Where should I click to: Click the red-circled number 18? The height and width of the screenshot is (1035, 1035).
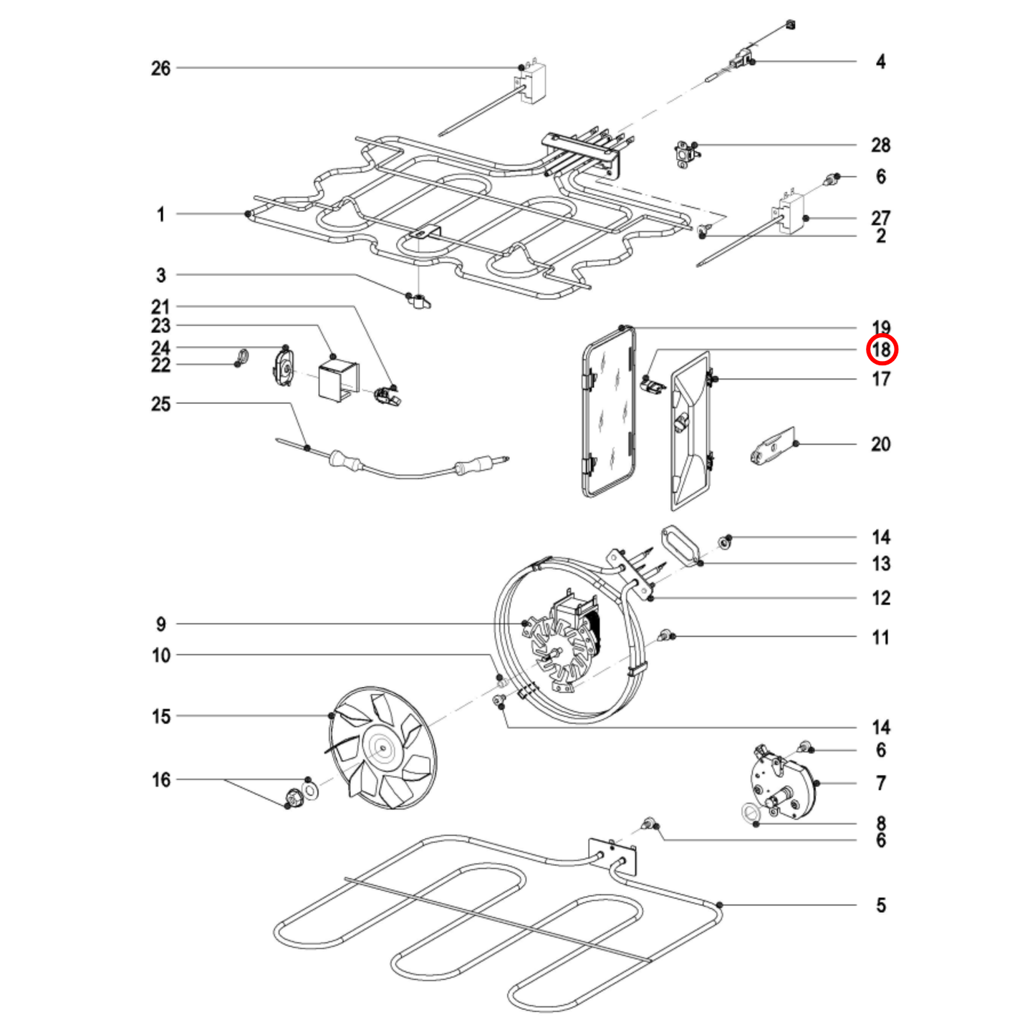880,350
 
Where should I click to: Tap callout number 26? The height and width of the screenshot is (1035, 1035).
160,69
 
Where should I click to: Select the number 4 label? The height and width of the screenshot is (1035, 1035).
880,62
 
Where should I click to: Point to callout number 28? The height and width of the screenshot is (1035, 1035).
880,145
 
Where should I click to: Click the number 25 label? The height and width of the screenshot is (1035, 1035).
160,404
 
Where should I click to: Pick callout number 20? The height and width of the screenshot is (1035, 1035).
880,444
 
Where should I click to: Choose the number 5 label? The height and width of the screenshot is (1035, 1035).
880,905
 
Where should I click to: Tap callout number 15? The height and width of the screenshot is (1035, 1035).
160,716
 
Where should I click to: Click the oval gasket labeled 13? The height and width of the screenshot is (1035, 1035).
680,547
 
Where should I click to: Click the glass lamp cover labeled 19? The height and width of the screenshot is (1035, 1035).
609,412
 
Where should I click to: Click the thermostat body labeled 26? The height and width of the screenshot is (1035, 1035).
533,83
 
